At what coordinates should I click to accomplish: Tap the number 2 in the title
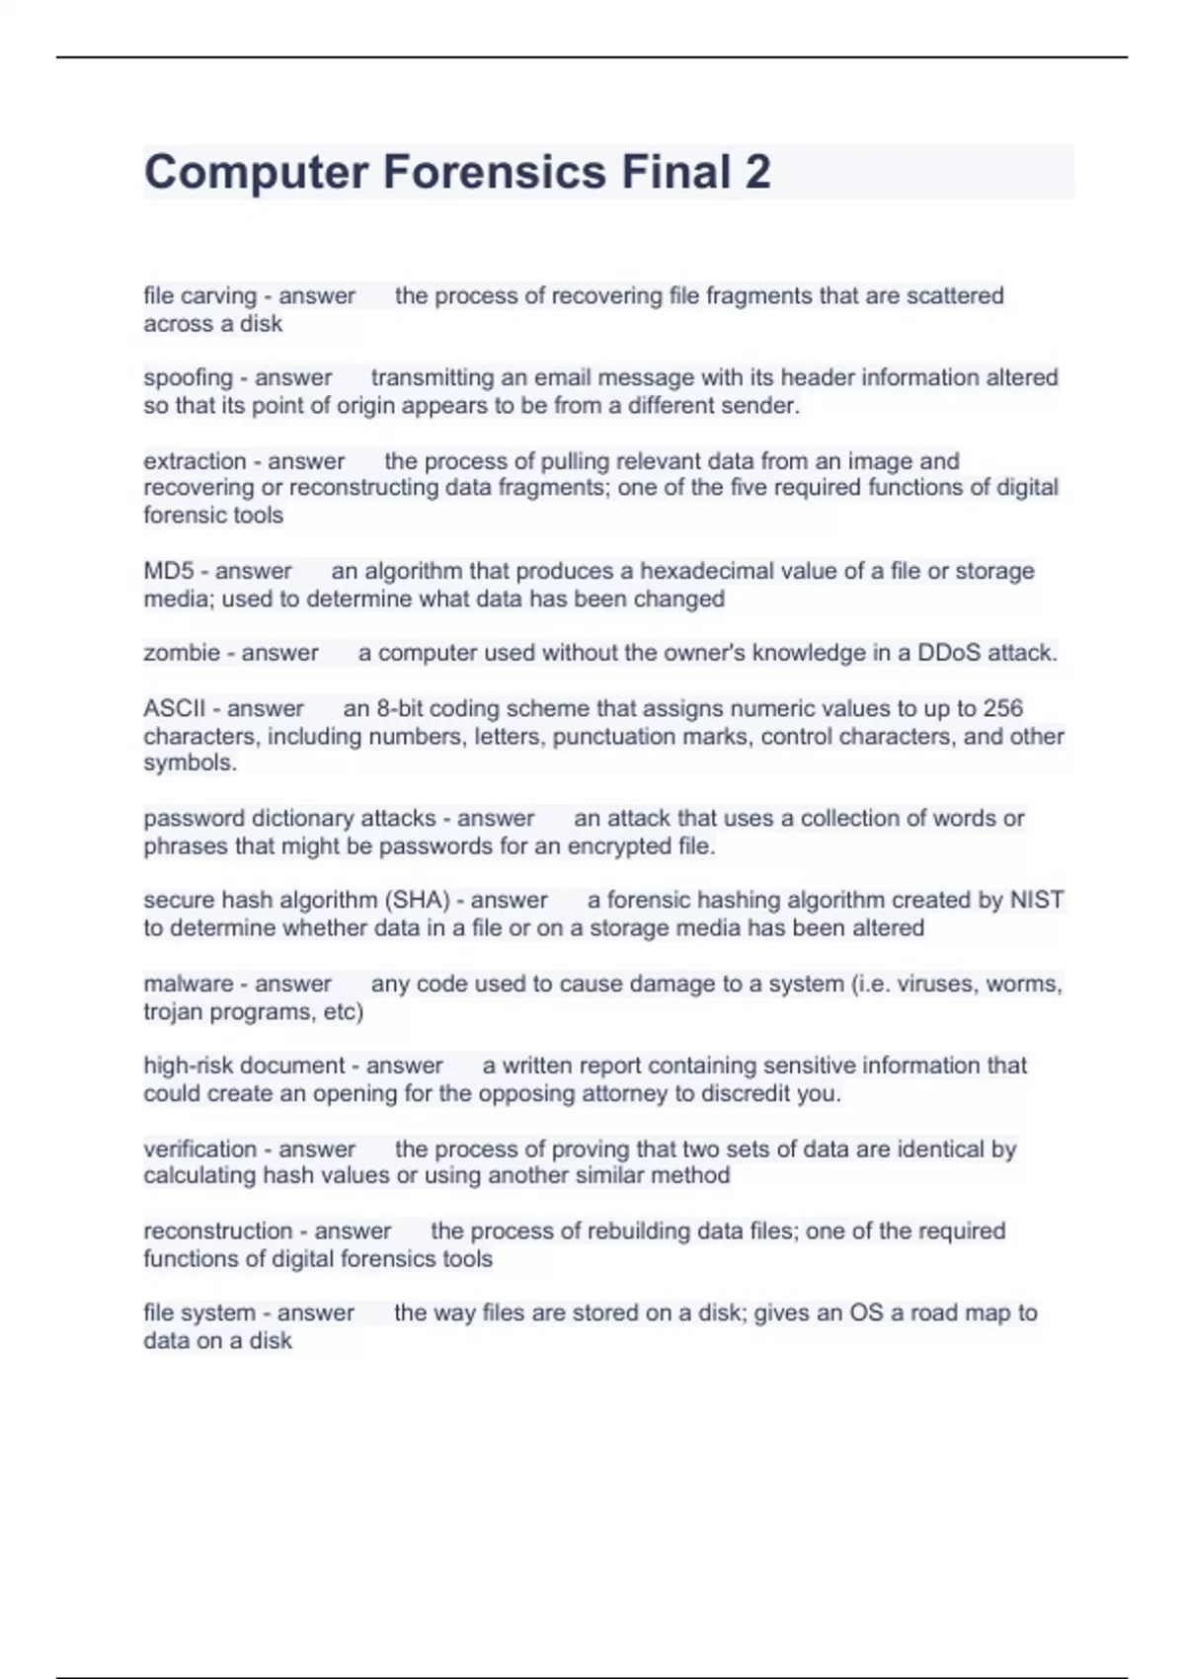757,172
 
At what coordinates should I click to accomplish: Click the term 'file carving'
199,295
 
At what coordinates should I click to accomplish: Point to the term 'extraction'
195,461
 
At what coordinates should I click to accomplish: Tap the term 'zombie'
182,653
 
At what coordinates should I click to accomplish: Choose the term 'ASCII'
175,708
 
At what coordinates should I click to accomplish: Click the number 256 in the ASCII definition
1003,708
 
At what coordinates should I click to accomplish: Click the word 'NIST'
1036,900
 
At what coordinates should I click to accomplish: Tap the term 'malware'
189,984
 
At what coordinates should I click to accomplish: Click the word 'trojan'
173,1011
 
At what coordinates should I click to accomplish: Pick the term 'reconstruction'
218,1231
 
